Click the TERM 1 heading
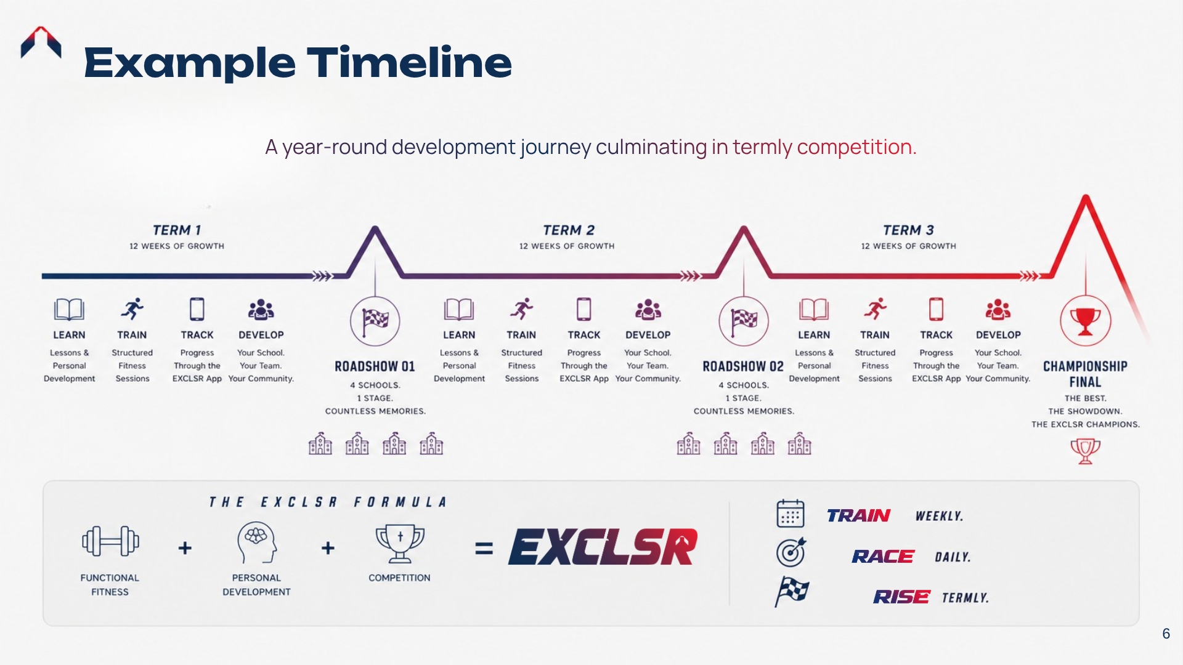coord(177,230)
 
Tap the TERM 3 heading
coord(908,230)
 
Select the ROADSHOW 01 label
coord(375,366)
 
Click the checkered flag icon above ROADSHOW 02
coord(744,320)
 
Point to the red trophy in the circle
coord(1085,321)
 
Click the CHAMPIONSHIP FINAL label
coord(1085,374)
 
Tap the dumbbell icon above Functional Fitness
coord(110,541)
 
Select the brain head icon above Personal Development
coord(256,542)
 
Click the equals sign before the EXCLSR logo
coord(484,548)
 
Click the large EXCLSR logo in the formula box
coord(603,547)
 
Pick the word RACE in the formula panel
coord(883,557)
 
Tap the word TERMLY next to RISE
coord(965,598)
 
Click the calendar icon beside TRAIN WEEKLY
coord(791,514)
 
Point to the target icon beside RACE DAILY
coord(791,552)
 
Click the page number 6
coord(1166,634)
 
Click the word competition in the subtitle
coord(856,147)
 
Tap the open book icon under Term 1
coord(69,310)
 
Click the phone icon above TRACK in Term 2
coord(583,309)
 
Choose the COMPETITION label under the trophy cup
coord(399,578)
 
